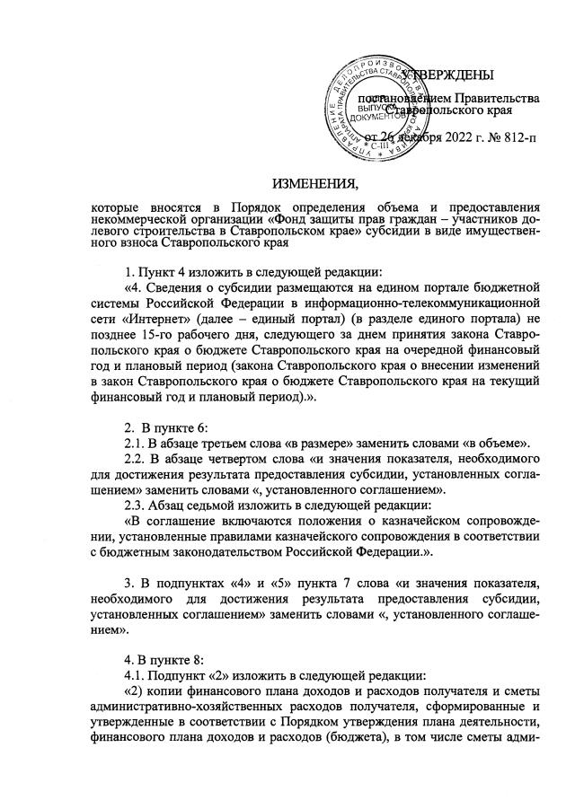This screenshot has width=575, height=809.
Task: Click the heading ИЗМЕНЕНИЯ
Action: coord(314,186)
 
